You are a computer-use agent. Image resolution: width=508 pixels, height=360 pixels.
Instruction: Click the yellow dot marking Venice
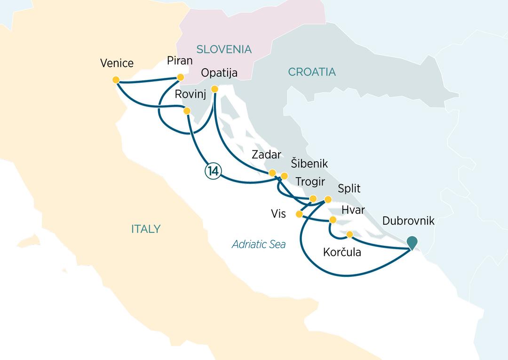tap(116, 80)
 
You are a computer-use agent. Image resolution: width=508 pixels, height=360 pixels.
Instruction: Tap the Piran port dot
tap(180, 77)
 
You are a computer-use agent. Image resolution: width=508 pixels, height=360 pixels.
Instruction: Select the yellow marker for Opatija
tap(214, 89)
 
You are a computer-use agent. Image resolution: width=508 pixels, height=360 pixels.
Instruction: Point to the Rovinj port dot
tap(187, 111)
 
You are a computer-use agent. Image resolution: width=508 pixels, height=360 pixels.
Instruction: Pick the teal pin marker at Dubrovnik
tap(412, 242)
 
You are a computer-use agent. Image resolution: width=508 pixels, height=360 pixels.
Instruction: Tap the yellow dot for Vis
tap(299, 214)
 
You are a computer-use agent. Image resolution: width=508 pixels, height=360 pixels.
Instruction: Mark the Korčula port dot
tap(349, 234)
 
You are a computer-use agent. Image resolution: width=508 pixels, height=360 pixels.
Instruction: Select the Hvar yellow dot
tap(333, 219)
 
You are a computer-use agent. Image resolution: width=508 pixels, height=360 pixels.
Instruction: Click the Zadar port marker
tap(272, 173)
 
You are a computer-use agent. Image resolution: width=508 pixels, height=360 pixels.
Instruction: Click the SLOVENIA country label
tap(224, 49)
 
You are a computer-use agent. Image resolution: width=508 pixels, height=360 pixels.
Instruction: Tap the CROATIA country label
tap(312, 72)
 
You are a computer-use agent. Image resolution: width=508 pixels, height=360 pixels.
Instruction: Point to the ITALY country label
tap(146, 229)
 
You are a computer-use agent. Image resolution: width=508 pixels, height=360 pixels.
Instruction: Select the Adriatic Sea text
tap(259, 244)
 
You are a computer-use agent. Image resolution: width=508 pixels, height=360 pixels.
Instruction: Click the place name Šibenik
tap(309, 164)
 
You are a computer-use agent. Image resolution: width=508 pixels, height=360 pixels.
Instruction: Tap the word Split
tap(349, 189)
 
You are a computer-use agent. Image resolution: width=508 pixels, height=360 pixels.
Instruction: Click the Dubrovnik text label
tap(408, 221)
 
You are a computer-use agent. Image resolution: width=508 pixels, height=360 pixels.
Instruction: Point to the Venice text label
tap(117, 63)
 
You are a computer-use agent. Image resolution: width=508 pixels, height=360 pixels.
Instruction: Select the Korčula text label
tap(342, 252)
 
